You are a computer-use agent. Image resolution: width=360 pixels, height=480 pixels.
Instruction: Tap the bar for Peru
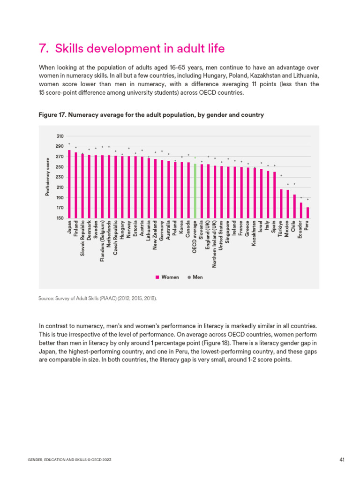(307, 212)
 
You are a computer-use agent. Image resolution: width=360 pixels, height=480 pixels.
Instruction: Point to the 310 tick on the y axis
(60, 136)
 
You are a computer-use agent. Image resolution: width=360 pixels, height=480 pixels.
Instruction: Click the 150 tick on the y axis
(60, 218)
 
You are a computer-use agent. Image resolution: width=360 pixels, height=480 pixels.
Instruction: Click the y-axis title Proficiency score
(47, 177)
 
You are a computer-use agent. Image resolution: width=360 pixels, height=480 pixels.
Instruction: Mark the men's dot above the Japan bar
(69, 144)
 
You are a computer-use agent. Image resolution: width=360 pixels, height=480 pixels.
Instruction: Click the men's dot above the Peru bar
(307, 199)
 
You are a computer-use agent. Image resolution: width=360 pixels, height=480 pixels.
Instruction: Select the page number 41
(342, 460)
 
